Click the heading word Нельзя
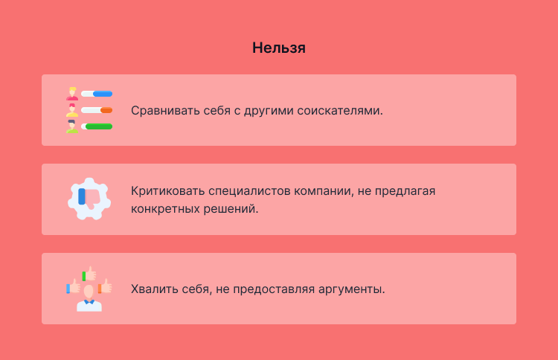(279, 48)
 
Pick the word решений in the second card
(235, 209)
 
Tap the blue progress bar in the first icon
(103, 94)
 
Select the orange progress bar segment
(106, 110)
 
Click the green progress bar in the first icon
(99, 126)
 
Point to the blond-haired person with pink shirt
(72, 94)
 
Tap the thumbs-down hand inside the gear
(91, 198)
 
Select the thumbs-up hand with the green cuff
(89, 274)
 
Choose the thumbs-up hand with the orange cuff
(105, 286)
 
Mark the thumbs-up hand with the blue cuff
(73, 287)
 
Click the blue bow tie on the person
(89, 302)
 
